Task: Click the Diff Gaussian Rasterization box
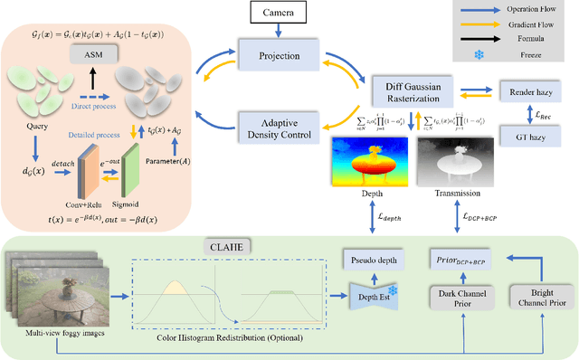click(412, 91)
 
